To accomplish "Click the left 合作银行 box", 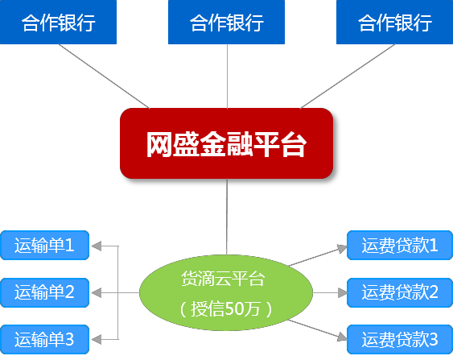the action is click(58, 22).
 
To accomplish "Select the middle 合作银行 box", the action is click(227, 22).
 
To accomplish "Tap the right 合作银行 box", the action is click(394, 22).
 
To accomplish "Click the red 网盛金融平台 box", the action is click(227, 143).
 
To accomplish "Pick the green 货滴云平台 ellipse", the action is click(226, 292).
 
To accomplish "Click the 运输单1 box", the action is click(44, 245).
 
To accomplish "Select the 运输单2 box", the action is click(44, 292).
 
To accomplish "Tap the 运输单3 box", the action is click(44, 340).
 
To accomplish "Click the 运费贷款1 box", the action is click(400, 245).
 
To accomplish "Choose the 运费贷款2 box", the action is click(400, 292).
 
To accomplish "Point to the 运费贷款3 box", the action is click(400, 340).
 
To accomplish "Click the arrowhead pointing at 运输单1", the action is click(97, 246).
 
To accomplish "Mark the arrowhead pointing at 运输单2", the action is click(97, 292).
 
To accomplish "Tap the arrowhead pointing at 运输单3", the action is click(97, 339).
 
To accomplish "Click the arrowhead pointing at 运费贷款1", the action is click(342, 249).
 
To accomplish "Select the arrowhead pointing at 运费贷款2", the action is click(342, 292).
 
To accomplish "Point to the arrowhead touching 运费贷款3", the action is click(342, 337).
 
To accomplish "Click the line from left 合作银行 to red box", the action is click(104, 77).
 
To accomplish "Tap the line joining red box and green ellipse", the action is click(227, 217).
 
